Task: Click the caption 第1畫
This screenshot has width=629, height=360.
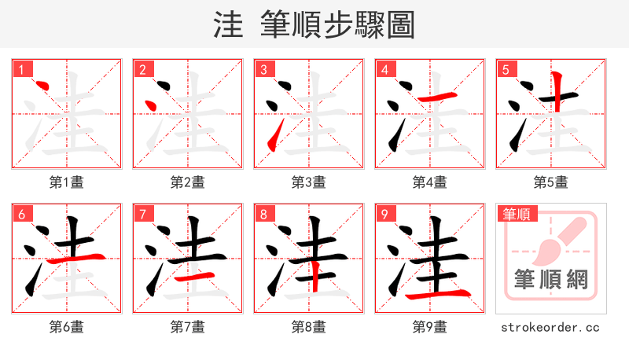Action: (x=67, y=182)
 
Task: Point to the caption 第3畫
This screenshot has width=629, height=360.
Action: (x=309, y=182)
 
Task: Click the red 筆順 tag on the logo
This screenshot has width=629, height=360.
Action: (x=516, y=214)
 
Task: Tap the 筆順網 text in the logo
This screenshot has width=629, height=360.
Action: (x=550, y=279)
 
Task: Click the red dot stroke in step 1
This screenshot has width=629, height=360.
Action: (x=43, y=86)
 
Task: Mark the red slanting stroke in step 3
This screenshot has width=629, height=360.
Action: (x=274, y=140)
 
